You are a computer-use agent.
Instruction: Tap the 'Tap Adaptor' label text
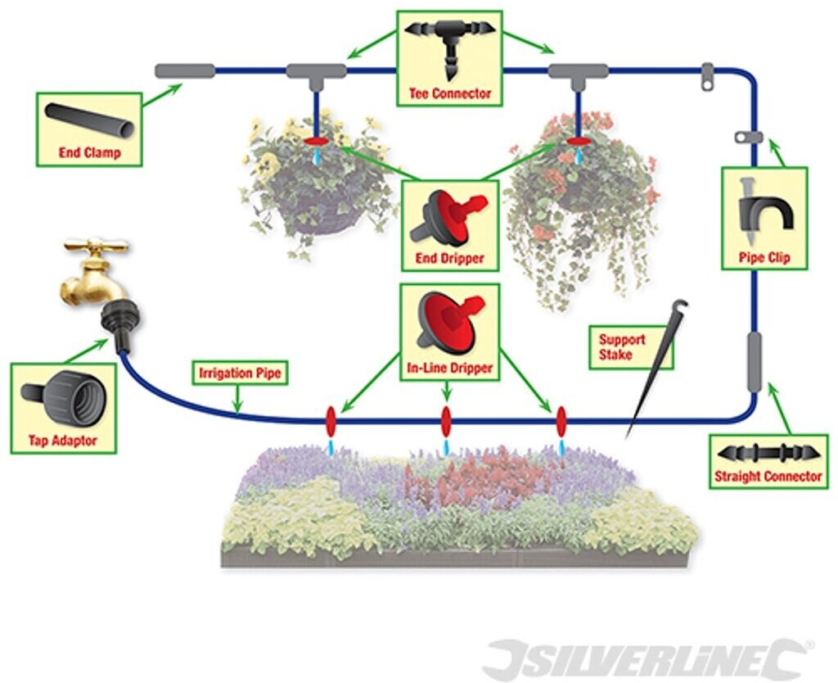point(63,441)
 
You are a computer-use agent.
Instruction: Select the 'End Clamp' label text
point(89,152)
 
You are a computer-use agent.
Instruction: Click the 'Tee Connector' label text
point(450,93)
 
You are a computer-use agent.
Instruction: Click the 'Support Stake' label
point(622,346)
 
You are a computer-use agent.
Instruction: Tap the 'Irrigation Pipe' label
point(240,374)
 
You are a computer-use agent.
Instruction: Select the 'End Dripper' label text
point(450,259)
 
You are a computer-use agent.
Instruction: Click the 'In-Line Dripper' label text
point(450,369)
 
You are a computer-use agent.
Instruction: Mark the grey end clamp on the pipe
point(185,71)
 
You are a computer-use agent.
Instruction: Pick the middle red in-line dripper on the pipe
point(446,422)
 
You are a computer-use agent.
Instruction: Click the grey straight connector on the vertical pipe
point(754,362)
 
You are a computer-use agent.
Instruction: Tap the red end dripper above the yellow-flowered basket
point(315,142)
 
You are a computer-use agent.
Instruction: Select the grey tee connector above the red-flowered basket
point(578,72)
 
